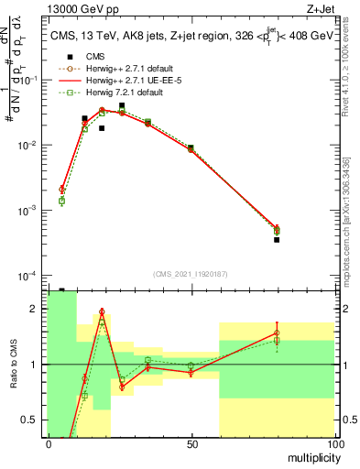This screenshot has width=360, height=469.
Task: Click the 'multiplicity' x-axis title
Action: click(310, 456)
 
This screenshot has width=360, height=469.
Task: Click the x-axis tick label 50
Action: click(191, 443)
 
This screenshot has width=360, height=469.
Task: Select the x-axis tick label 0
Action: click(48, 443)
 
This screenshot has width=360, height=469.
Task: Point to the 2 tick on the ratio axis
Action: click(36, 309)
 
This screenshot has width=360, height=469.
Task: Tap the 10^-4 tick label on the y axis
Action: click(28, 276)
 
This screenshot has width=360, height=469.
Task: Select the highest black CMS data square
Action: click(122, 105)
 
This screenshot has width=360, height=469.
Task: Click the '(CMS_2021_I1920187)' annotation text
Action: click(190, 273)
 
